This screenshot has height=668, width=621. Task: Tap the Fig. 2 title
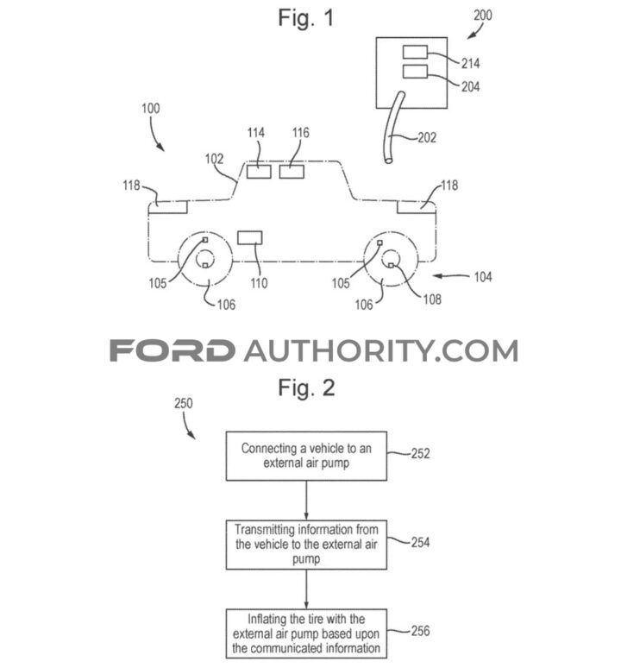(x=307, y=388)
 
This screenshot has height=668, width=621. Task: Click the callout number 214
(x=470, y=64)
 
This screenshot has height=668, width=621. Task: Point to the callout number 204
(x=470, y=86)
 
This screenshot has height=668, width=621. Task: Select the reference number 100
(x=151, y=110)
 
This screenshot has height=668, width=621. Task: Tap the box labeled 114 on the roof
(x=259, y=171)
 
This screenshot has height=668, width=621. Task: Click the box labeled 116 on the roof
(x=292, y=171)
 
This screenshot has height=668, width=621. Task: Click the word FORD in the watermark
(x=172, y=351)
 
